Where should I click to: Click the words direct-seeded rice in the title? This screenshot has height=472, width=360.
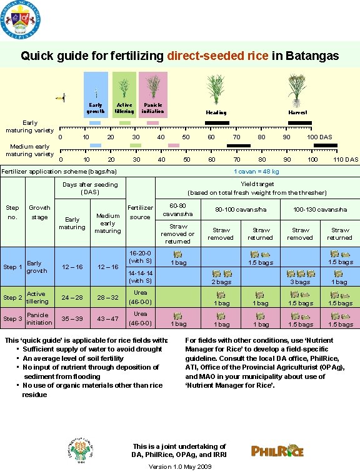218,56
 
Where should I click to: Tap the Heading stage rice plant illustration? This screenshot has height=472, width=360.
216,91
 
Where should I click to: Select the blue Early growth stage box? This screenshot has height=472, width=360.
96,94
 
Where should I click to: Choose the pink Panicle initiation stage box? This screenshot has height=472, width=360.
152,94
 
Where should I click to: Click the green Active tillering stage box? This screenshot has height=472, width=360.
124,94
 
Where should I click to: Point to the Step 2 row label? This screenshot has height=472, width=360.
12,297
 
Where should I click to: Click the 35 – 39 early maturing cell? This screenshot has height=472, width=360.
72,318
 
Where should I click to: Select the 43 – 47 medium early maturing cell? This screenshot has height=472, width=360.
107,318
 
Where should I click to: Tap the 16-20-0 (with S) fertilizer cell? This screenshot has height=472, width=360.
140,256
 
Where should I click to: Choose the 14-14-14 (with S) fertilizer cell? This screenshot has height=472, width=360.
140,277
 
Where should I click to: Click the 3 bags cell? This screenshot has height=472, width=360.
301,282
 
